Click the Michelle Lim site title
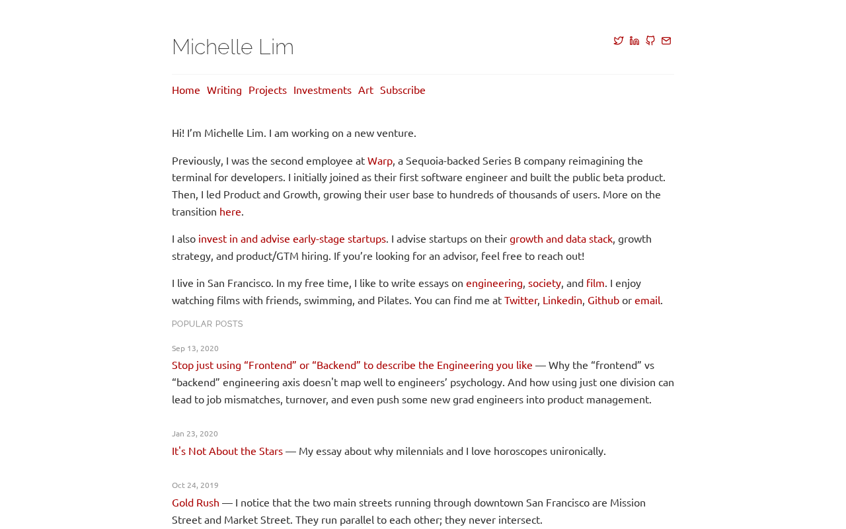233,47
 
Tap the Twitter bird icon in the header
619,41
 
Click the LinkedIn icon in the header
634,41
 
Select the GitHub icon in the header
650,41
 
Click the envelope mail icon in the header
666,41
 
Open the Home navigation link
186,90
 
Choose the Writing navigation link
224,90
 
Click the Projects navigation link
268,90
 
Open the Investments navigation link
323,90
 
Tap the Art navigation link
365,90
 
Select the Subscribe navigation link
403,90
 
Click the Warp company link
380,161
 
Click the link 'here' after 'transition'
230,212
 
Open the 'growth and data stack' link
561,239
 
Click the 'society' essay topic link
545,283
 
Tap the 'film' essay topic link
596,283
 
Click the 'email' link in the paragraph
647,300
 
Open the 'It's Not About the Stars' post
227,451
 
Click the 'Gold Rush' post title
196,503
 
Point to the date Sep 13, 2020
195,348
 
